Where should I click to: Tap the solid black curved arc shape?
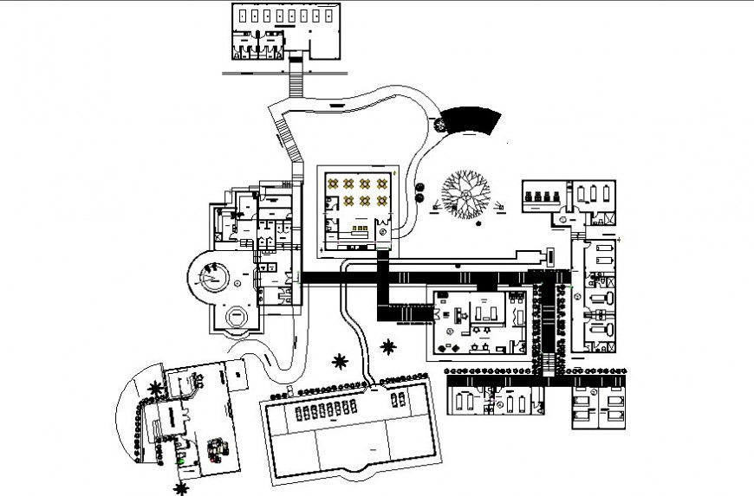tap(471, 119)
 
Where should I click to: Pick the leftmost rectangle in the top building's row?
tap(244, 16)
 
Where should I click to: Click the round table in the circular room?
tap(211, 279)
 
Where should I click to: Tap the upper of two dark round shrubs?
tap(419, 184)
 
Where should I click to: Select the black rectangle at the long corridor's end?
tap(550, 256)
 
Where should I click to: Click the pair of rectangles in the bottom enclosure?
tap(399, 399)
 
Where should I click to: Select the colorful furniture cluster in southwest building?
tap(216, 450)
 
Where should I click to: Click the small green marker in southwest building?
tap(179, 461)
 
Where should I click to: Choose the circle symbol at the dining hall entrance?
tap(383, 231)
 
